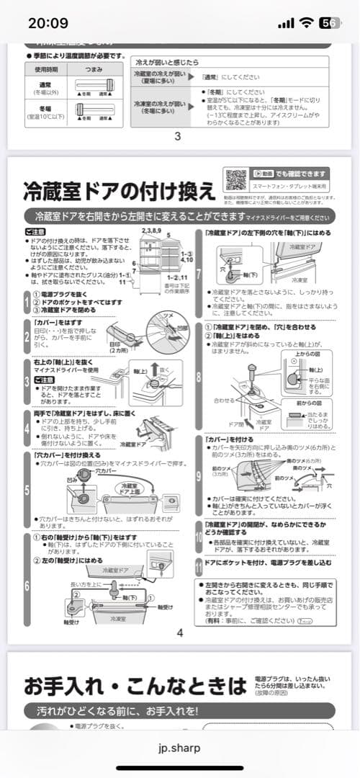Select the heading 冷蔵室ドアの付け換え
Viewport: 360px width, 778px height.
pyautogui.click(x=119, y=191)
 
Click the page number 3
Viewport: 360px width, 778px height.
pyautogui.click(x=178, y=135)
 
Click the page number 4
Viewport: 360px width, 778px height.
pyautogui.click(x=179, y=633)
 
